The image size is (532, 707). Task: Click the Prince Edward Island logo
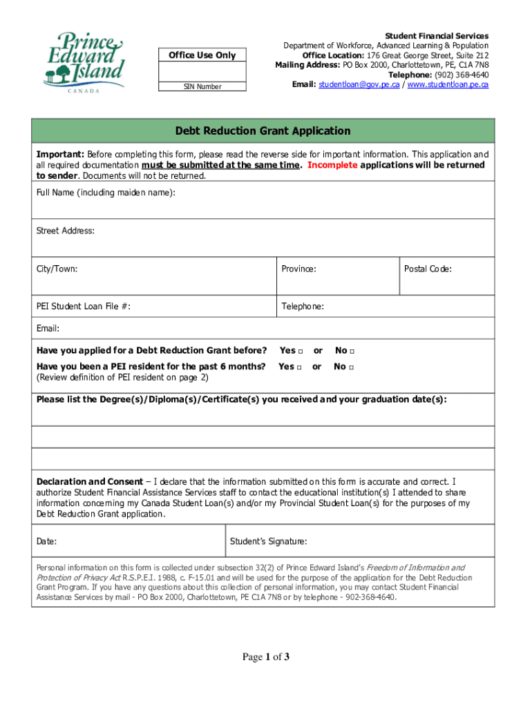tap(82, 61)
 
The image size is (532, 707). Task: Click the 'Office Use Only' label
tap(202, 55)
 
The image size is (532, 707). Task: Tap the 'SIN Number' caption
tap(202, 87)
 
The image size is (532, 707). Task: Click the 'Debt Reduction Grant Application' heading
tap(263, 131)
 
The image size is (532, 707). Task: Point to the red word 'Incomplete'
tap(332, 166)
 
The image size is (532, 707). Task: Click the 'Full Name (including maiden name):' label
tap(106, 193)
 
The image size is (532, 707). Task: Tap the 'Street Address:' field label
tap(66, 231)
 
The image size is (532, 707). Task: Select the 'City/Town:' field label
tap(57, 269)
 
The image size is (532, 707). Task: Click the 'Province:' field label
tap(298, 269)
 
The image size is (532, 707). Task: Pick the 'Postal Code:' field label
tap(428, 269)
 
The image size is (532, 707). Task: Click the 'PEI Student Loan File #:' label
tap(84, 307)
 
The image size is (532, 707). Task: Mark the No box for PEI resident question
tap(351, 367)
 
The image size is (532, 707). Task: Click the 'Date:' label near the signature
tap(47, 542)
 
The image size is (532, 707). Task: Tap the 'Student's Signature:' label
tap(269, 542)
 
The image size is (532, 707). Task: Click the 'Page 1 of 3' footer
tap(265, 657)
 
